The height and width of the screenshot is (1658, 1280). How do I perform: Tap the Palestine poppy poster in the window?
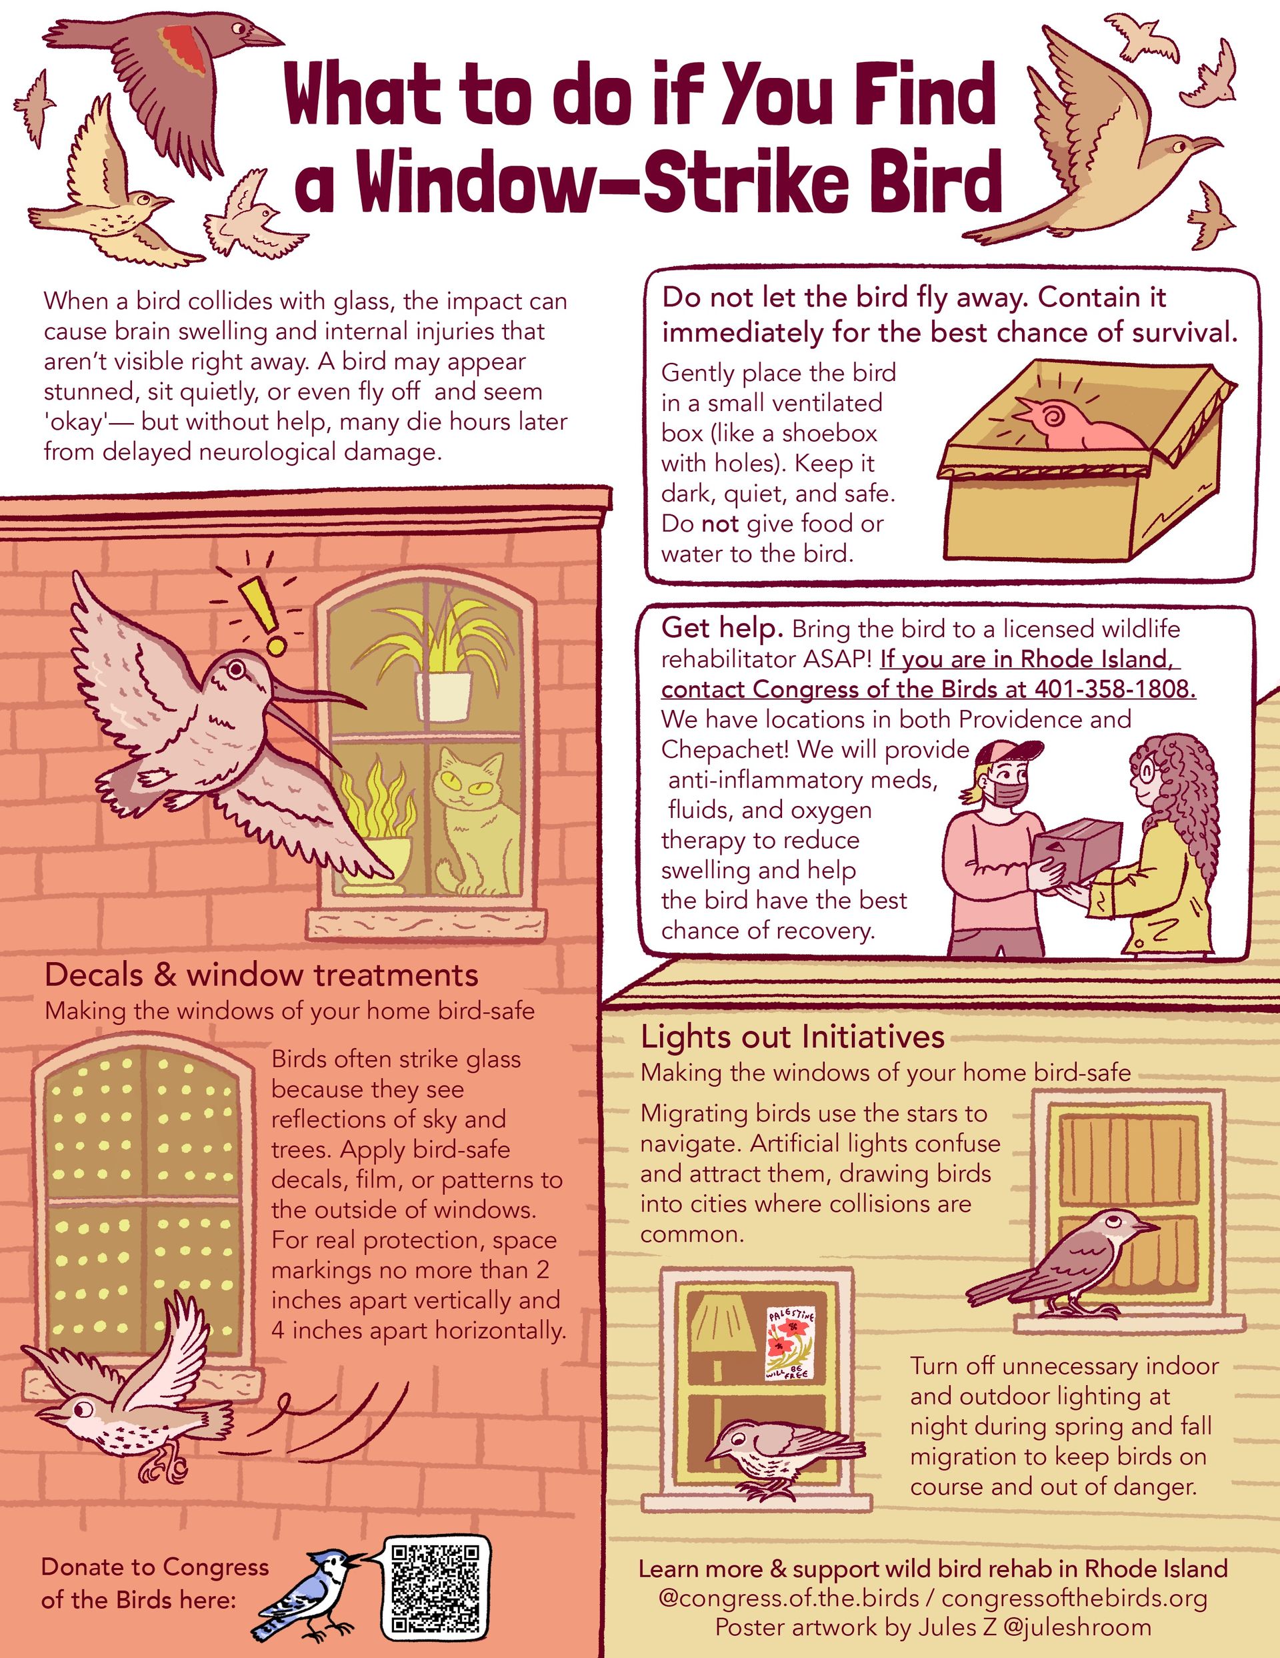pos(790,1343)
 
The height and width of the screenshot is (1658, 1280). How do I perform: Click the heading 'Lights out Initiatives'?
pos(792,1036)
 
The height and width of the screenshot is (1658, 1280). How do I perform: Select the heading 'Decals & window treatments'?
pos(262,975)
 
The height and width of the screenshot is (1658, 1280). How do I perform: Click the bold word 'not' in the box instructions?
pos(719,524)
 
